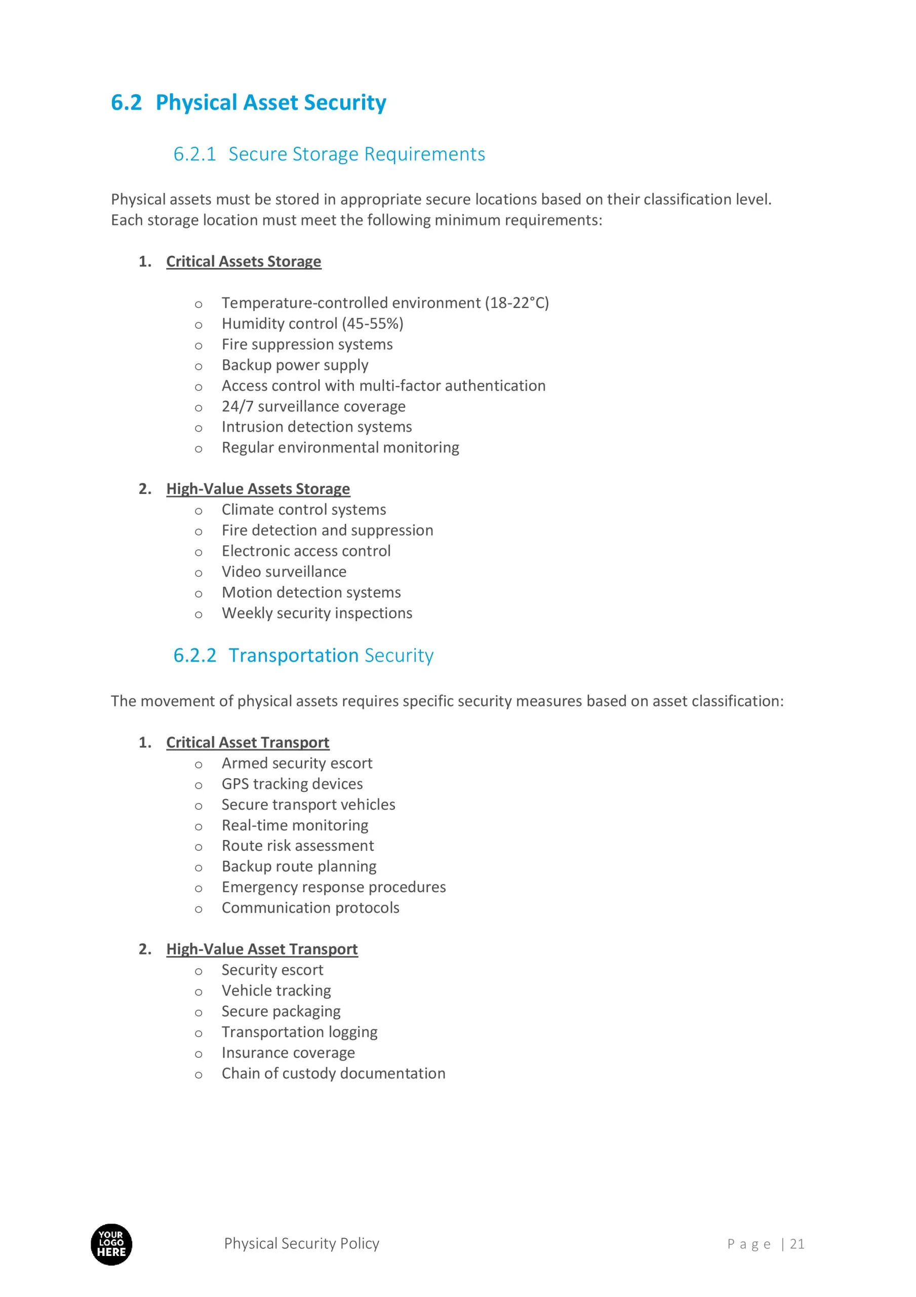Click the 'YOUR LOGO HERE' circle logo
click(111, 1244)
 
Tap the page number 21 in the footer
click(797, 1244)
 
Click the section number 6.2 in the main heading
click(126, 103)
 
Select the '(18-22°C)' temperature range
click(516, 303)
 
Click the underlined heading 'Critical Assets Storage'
click(244, 261)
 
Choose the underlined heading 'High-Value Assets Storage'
click(258, 489)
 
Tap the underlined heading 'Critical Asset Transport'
click(247, 743)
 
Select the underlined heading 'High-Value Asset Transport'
click(261, 949)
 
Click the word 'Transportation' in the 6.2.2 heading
click(293, 656)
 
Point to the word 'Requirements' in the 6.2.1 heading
click(424, 154)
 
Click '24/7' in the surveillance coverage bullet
click(237, 407)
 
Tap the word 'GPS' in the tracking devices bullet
click(235, 784)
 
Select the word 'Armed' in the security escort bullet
click(242, 764)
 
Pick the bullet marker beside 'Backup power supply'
click(198, 367)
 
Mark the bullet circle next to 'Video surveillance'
click(198, 574)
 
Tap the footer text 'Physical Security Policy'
click(302, 1243)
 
